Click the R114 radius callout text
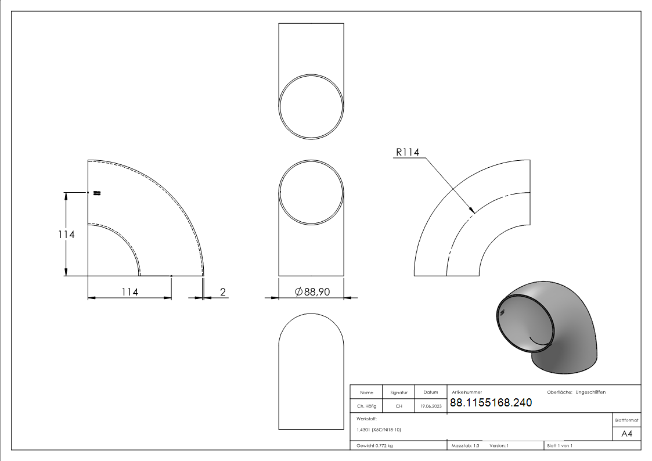pos(408,152)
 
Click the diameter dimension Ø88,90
pos(312,292)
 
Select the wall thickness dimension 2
pos(222,292)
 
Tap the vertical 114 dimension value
pos(66,235)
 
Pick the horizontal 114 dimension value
pos(129,292)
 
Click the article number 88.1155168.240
pos(491,403)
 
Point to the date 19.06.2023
pos(430,406)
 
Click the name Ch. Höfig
pos(367,406)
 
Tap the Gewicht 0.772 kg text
pos(375,446)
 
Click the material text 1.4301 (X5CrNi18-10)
pos(379,430)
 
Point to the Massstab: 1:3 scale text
pos(466,446)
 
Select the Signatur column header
pos(399,392)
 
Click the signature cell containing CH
pos(399,406)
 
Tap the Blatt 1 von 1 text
pos(560,446)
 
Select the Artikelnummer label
pos(467,392)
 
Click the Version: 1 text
pos(499,446)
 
